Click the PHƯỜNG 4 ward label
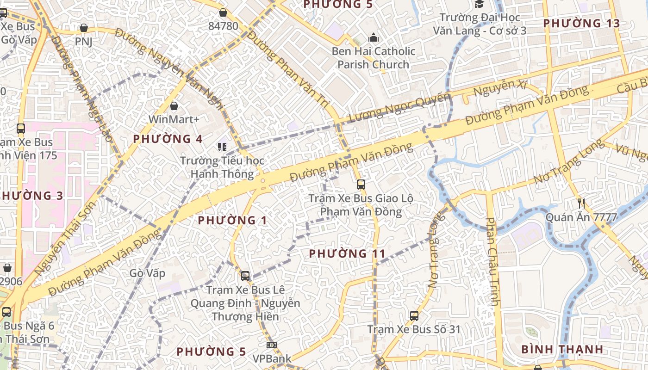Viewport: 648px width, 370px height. [168, 139]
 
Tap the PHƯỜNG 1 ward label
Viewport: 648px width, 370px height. [232, 220]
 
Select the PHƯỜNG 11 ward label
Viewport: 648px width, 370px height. [347, 253]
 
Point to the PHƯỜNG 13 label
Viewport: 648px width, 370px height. [581, 23]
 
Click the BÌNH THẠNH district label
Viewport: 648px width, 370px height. [562, 349]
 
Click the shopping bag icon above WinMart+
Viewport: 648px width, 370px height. [174, 106]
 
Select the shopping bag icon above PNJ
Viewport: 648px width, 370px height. [84, 28]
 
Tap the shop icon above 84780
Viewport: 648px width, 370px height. [223, 12]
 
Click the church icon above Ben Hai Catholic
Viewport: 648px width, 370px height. [373, 38]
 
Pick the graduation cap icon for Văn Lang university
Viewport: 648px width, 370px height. [479, 4]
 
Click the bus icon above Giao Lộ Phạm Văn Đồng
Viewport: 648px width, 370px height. [361, 185]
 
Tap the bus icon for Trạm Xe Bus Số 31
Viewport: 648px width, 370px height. [414, 316]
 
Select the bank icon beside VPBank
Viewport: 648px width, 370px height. [272, 345]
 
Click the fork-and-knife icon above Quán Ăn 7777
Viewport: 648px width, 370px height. [582, 203]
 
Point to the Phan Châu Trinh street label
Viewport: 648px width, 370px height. [492, 261]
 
